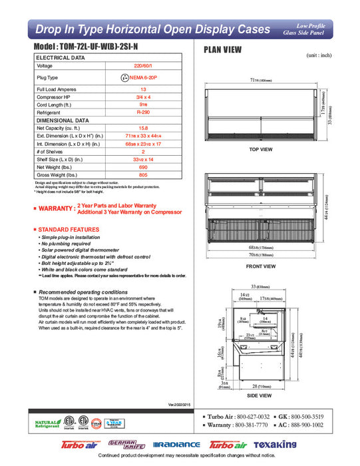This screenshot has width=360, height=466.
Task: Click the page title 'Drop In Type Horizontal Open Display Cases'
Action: click(x=152, y=29)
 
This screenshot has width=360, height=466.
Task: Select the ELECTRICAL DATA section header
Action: click(x=61, y=58)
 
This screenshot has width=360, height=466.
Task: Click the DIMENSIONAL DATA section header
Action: click(x=63, y=120)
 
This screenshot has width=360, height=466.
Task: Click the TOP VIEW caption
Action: click(x=261, y=150)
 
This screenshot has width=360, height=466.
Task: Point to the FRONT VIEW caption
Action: click(x=262, y=266)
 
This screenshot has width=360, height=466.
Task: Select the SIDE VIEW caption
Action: click(x=261, y=395)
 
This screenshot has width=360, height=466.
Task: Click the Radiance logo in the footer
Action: click(x=176, y=444)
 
